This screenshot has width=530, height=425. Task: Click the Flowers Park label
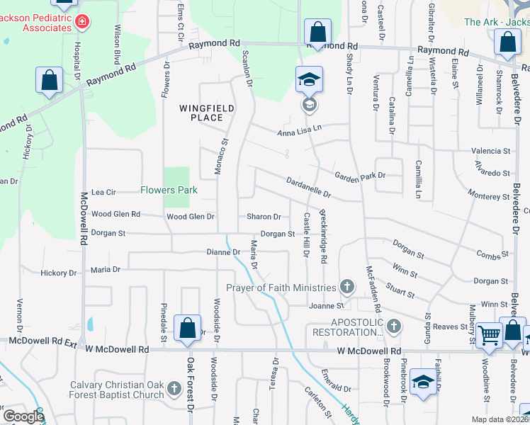168,191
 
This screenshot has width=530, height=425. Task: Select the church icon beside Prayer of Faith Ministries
346,287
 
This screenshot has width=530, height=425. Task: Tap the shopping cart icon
488,334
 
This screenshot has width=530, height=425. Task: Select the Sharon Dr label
264,217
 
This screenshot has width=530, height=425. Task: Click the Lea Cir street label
103,192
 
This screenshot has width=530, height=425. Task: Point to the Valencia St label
492,151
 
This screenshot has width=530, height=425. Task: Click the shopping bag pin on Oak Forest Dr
187,329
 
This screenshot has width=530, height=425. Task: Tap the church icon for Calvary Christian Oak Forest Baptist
175,389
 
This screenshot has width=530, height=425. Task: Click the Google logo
23,416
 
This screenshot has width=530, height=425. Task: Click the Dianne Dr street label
223,251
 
